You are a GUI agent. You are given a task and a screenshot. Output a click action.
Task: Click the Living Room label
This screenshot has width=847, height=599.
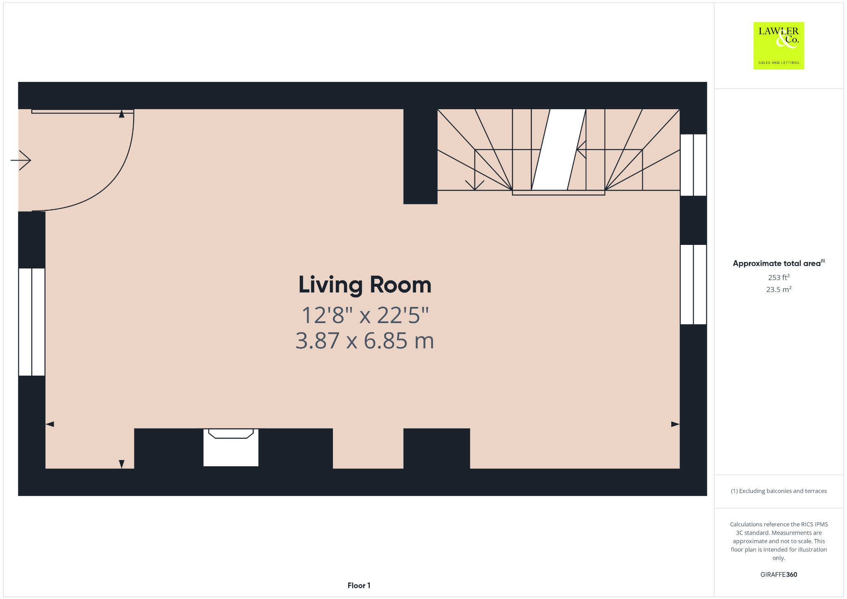pos(365,285)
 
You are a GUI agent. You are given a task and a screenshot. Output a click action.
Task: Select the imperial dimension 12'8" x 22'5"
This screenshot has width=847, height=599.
pos(365,315)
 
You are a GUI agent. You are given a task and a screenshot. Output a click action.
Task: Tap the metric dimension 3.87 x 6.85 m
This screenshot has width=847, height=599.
pos(365,341)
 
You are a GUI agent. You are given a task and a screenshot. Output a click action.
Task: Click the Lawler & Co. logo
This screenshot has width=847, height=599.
pos(778,46)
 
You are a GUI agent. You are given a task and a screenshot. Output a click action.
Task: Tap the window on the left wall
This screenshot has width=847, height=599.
pos(31,322)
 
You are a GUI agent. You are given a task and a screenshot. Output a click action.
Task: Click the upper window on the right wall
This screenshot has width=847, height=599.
pos(693,165)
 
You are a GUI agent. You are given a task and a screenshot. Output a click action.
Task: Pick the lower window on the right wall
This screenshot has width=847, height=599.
pos(693,285)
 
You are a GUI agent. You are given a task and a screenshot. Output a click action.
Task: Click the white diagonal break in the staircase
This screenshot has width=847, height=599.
pos(558,150)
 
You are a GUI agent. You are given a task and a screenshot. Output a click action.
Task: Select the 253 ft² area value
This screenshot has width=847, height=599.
pos(778,277)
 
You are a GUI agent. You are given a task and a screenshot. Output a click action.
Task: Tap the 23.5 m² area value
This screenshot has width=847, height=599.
pos(778,290)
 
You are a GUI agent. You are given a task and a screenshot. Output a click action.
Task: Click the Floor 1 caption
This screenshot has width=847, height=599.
pos(359,585)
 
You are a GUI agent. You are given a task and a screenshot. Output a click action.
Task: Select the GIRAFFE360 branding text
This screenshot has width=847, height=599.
pos(778,574)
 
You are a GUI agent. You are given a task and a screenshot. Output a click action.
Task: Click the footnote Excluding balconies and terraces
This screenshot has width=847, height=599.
pos(778,491)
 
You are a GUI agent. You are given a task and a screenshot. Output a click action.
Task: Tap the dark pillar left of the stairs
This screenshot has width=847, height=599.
pos(420,156)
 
